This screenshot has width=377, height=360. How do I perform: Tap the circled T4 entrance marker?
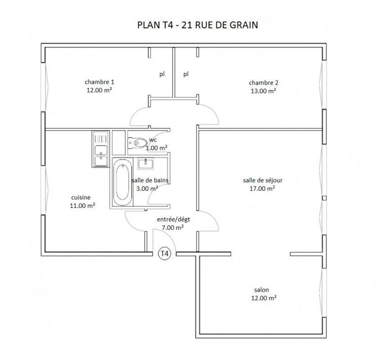point(164,254)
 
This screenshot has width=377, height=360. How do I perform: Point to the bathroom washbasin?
point(145,164)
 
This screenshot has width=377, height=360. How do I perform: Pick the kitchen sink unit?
point(100,148)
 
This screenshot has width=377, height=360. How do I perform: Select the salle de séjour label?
point(262,180)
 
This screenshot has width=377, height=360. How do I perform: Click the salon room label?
point(262,290)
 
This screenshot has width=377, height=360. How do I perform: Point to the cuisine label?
point(81,197)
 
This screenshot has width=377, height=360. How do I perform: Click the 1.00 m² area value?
point(156,148)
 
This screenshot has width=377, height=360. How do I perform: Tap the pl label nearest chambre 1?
point(162,74)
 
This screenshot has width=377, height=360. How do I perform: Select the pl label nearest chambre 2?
point(186,74)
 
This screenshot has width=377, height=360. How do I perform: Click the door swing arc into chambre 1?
point(139,113)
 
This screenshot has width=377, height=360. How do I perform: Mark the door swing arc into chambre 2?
point(209,113)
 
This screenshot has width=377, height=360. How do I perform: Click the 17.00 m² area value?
point(262,188)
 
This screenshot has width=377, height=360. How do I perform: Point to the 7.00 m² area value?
point(172,227)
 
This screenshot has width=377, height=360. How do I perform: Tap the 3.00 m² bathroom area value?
point(147,188)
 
